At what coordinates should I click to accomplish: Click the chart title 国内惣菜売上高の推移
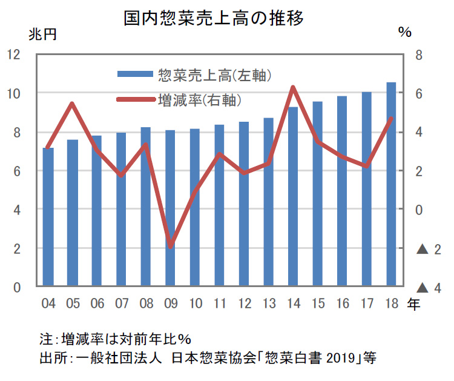(213, 17)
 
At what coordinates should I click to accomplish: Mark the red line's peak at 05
(73, 104)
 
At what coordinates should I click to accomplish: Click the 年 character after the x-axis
(413, 303)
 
